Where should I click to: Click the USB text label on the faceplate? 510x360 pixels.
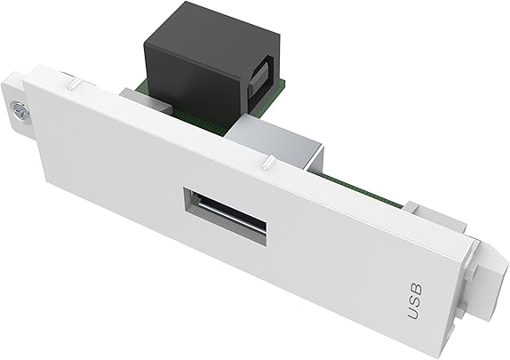pyautogui.click(x=416, y=300)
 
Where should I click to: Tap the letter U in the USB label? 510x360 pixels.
pyautogui.click(x=414, y=313)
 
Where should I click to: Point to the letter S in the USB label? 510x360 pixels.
pyautogui.click(x=416, y=300)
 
